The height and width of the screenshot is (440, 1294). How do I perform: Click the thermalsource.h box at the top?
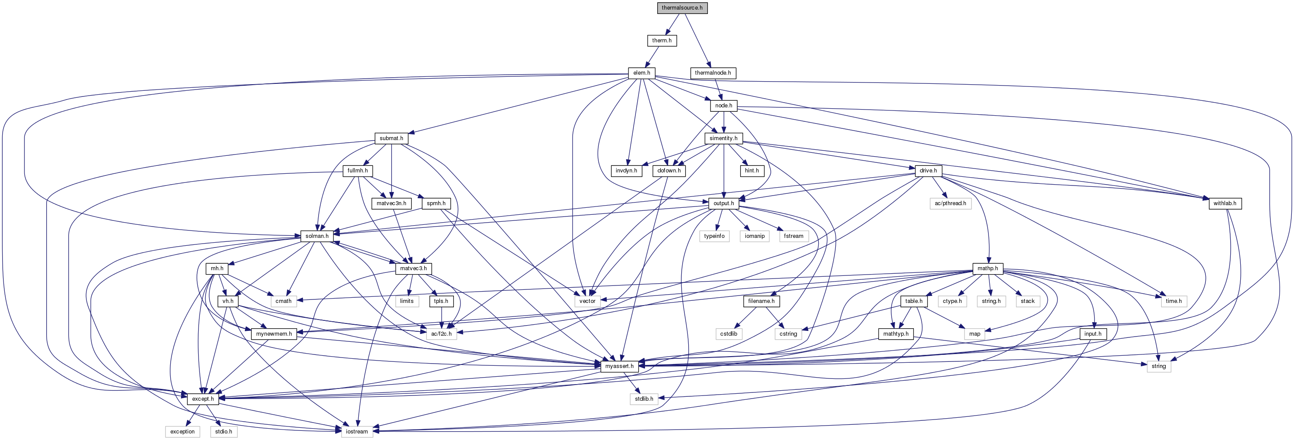(682, 8)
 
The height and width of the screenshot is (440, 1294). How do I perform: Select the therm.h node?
(662, 41)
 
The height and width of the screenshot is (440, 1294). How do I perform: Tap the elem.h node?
(642, 73)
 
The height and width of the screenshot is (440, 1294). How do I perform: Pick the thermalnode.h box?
(712, 73)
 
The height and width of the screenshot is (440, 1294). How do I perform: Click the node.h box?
(723, 106)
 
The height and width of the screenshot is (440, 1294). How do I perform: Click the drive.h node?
(928, 171)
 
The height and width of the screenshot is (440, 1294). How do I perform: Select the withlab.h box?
(1224, 203)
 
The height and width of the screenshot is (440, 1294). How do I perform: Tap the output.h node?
(723, 203)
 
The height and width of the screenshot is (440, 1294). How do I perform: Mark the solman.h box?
(317, 236)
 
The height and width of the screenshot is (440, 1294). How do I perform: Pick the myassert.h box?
(619, 367)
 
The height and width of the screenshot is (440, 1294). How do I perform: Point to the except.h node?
(203, 399)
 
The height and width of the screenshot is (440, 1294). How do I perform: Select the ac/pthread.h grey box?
(951, 203)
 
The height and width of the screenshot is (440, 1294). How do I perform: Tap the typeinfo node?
(714, 236)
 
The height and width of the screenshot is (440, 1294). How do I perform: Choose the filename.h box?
(761, 301)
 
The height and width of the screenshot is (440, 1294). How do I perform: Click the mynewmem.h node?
(274, 334)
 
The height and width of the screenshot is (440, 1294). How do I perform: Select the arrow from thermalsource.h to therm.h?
(672, 24)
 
